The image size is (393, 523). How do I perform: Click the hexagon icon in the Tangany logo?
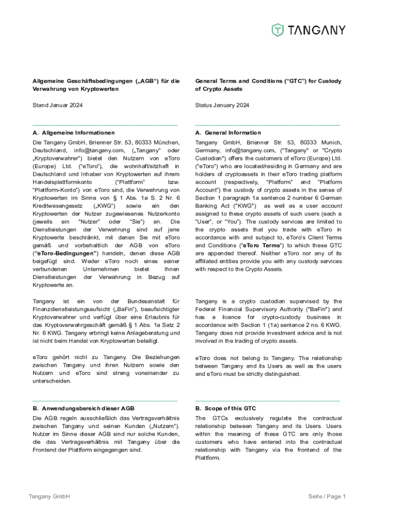(278, 30)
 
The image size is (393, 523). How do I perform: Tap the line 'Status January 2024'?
(222, 105)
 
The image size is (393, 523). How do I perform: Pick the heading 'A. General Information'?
(228, 133)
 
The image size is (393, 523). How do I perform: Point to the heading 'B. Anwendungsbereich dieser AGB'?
(83, 408)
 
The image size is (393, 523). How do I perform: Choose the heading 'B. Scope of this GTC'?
(226, 408)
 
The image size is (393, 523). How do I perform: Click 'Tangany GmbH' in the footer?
(49, 496)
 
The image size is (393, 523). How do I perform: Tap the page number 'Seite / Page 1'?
(327, 496)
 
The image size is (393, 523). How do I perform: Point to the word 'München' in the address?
(165, 142)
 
